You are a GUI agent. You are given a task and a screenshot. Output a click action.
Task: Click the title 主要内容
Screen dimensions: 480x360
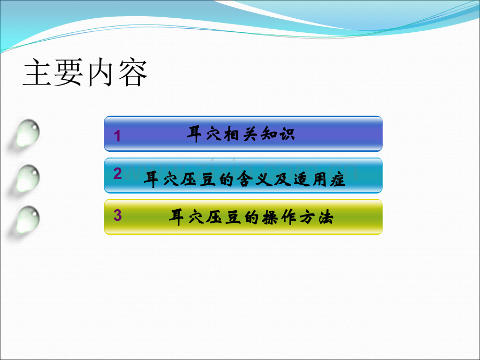pyautogui.click(x=86, y=72)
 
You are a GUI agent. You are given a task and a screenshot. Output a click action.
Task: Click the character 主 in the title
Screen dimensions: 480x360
pyautogui.click(x=38, y=72)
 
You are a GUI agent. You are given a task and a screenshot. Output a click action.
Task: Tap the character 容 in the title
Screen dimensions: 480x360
pyautogui.click(x=133, y=72)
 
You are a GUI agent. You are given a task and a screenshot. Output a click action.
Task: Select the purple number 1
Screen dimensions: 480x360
pyautogui.click(x=117, y=136)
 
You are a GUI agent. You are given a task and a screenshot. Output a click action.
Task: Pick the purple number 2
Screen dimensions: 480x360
pyautogui.click(x=117, y=174)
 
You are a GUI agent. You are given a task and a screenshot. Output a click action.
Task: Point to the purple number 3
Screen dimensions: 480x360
pyautogui.click(x=117, y=215)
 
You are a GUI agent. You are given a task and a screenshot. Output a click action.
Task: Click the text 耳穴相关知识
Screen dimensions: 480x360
pyautogui.click(x=241, y=134)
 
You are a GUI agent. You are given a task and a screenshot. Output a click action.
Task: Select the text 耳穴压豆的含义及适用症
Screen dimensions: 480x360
pyautogui.click(x=245, y=179)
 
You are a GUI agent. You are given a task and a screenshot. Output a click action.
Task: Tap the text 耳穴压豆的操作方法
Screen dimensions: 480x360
pyautogui.click(x=251, y=218)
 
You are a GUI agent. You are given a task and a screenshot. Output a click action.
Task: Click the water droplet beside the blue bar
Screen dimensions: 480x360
pyautogui.click(x=28, y=133)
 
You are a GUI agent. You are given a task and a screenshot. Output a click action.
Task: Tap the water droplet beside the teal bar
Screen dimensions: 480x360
pyautogui.click(x=28, y=179)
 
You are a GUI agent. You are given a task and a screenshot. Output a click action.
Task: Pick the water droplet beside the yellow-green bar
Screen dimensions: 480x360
pyautogui.click(x=28, y=220)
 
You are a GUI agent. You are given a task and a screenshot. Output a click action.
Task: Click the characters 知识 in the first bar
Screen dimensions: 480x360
pyautogui.click(x=278, y=134)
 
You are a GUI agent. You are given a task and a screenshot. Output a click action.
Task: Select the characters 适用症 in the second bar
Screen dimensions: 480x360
pyautogui.click(x=319, y=179)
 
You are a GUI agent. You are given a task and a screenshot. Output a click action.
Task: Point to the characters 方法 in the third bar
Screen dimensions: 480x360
pyautogui.click(x=316, y=218)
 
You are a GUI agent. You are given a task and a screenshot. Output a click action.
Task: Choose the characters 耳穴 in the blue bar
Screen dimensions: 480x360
pyautogui.click(x=204, y=134)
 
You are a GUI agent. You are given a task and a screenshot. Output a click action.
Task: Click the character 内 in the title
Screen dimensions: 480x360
pyautogui.click(x=101, y=72)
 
